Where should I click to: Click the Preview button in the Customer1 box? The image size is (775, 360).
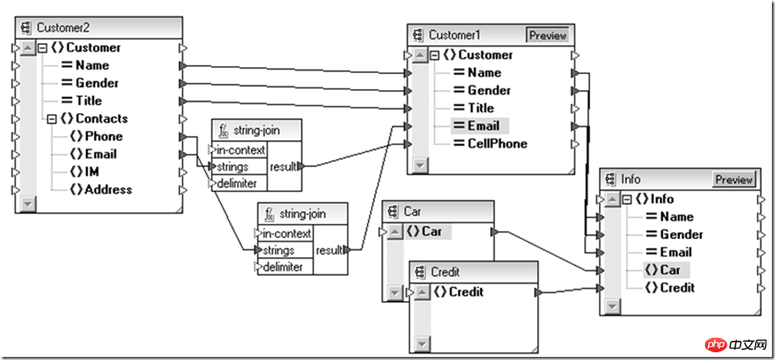point(547,35)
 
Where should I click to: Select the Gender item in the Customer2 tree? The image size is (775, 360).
point(96,83)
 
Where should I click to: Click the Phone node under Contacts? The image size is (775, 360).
point(104,136)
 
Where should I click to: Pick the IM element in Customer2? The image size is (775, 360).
point(92,172)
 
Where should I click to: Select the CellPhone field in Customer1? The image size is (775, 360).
point(497,143)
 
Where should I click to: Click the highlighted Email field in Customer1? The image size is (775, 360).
point(483,125)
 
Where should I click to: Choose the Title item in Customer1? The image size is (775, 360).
point(481,108)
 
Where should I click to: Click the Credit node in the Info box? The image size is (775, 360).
point(677,288)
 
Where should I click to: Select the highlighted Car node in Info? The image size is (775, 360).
point(670,270)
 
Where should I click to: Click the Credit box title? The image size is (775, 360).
point(446,272)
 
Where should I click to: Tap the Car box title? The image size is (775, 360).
point(413,211)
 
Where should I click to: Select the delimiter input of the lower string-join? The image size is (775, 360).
point(285,267)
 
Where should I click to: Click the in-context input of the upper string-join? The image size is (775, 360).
point(241,150)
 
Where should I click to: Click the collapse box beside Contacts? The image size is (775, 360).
point(52,118)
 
